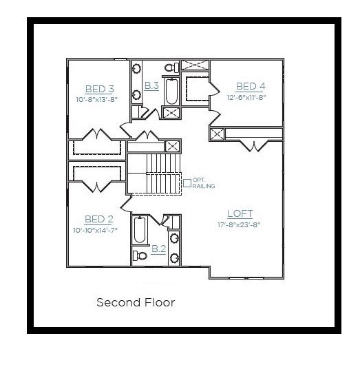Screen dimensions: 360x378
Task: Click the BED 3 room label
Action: pos(100,89)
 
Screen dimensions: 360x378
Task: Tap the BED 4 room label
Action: pos(251,86)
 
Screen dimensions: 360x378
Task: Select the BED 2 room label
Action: pos(99,219)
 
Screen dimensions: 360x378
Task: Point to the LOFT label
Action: pos(240,213)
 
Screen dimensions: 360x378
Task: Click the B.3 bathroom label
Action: pos(151,85)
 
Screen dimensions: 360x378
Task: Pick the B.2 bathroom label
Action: pos(159,249)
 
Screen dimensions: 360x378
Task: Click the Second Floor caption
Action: pos(136,302)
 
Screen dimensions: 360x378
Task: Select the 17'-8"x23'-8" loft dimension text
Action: pos(239,224)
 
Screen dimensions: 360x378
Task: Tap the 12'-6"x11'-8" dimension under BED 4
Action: pos(246,97)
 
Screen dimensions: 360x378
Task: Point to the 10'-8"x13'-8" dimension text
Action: pos(97,100)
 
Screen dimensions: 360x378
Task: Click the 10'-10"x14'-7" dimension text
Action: pos(95,230)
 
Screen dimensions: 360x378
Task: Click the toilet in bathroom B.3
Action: pos(172,67)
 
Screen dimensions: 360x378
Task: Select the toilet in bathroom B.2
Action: pos(140,255)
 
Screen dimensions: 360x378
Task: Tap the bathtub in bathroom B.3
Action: pos(172,91)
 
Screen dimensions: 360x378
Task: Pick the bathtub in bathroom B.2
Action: pos(140,230)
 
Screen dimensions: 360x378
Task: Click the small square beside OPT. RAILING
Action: pos(187,183)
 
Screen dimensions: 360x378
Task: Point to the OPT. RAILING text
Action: pos(204,183)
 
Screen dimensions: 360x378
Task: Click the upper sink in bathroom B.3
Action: pos(136,68)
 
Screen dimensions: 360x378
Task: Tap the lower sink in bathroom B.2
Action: pos(174,258)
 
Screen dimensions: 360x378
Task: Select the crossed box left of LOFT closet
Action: pos(217,134)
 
